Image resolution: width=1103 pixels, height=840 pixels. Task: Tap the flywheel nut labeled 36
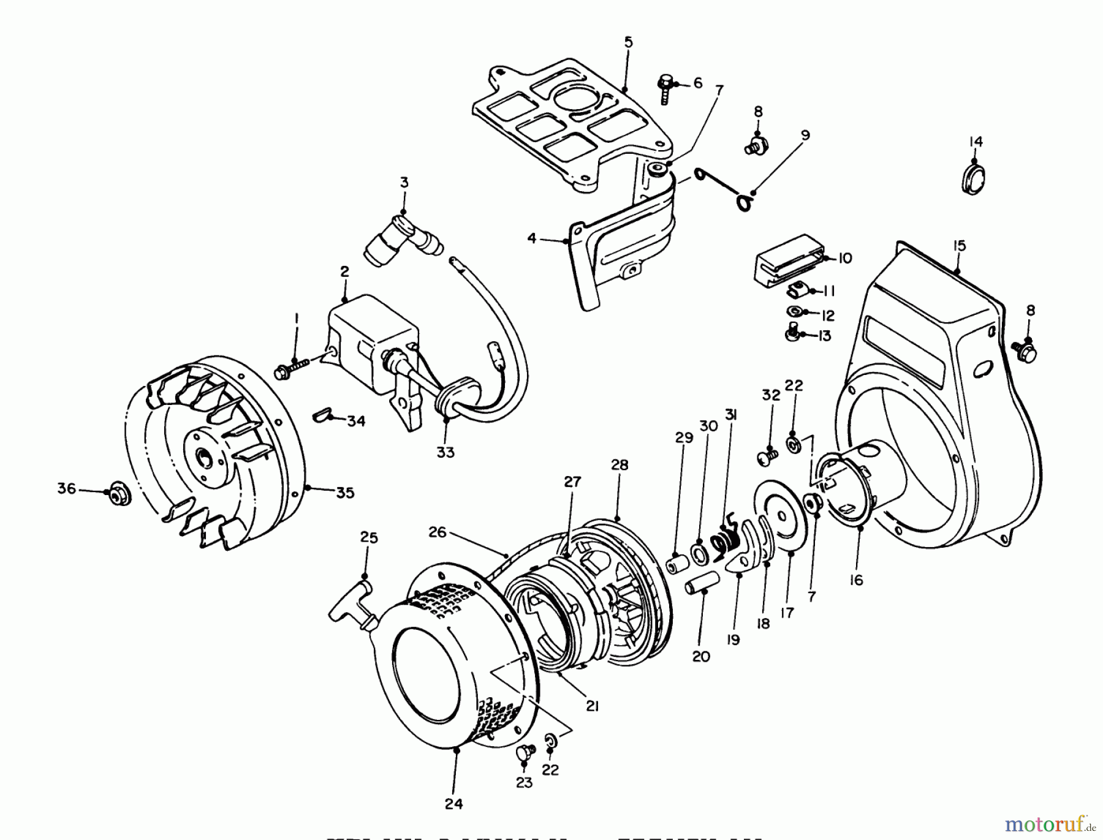tap(116, 494)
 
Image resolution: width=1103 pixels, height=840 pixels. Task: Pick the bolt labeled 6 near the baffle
tap(667, 88)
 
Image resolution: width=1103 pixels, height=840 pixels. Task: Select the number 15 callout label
tap(959, 246)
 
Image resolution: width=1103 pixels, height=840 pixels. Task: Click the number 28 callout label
tap(620, 465)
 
